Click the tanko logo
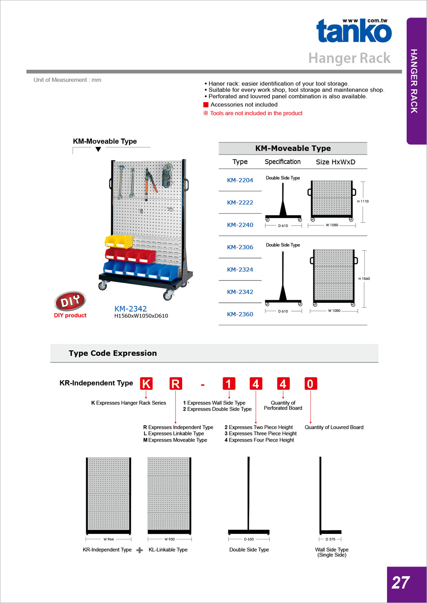click(354, 31)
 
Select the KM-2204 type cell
click(240, 180)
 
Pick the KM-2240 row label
click(240, 225)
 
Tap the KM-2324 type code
click(240, 270)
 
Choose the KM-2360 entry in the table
click(240, 315)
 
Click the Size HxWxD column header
click(335, 162)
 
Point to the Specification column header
click(283, 162)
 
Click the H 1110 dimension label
click(363, 201)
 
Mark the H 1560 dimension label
click(364, 279)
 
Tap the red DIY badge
click(70, 301)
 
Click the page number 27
click(400, 583)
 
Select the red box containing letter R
click(175, 384)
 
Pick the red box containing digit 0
click(310, 384)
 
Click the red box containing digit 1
click(229, 384)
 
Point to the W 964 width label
click(108, 539)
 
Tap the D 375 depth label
click(330, 539)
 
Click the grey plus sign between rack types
click(139, 550)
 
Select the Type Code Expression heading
click(113, 353)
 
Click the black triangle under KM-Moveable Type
click(98, 149)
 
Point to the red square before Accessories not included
click(206, 105)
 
